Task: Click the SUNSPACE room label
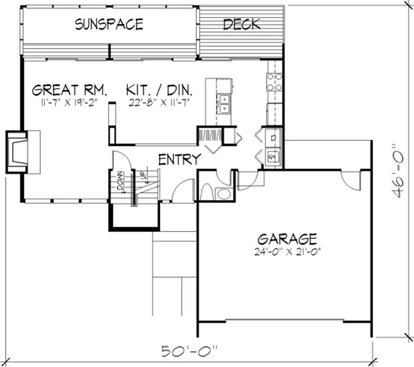[109, 24]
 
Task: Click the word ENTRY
[179, 159]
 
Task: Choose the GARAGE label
[287, 239]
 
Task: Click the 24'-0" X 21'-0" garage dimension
[287, 253]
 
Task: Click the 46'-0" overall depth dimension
[398, 171]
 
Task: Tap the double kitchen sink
[225, 104]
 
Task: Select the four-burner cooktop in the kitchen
[274, 82]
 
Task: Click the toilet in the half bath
[207, 191]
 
